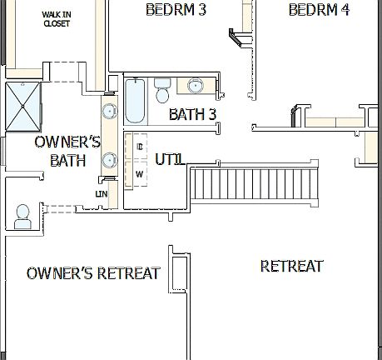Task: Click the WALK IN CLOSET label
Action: (x=56, y=19)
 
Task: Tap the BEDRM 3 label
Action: (x=176, y=10)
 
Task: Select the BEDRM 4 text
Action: (x=319, y=10)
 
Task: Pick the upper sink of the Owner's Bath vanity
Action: (x=109, y=110)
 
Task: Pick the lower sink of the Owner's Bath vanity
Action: (x=109, y=159)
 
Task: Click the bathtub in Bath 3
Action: (x=136, y=102)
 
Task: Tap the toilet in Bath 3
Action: (x=162, y=89)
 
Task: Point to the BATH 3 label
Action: (x=192, y=114)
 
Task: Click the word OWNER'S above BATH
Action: (x=67, y=142)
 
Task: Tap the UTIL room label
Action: (x=170, y=158)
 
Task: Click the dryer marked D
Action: (x=139, y=147)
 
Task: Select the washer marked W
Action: (x=139, y=173)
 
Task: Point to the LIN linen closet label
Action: (x=102, y=194)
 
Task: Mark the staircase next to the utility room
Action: (x=255, y=184)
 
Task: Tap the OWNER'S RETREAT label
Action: (x=93, y=273)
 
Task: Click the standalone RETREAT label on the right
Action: (x=291, y=267)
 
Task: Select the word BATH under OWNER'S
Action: (x=67, y=160)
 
